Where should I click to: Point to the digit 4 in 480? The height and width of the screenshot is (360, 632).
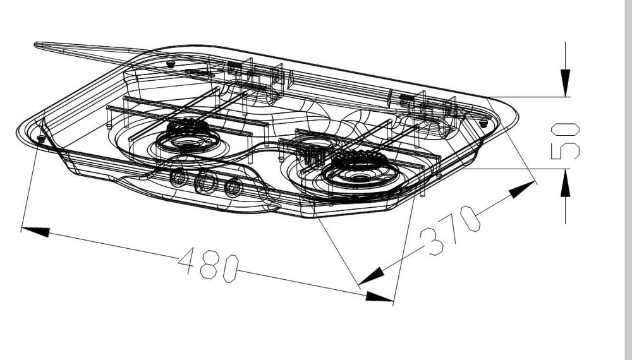click(x=186, y=259)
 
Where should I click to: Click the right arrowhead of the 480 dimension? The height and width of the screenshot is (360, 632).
click(x=379, y=296)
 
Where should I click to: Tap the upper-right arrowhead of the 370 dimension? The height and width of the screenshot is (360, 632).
click(x=523, y=189)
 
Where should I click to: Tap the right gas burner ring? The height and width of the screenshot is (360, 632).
click(x=360, y=167)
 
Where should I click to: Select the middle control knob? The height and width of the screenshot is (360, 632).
click(x=205, y=183)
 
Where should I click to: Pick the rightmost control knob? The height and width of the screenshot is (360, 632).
click(x=233, y=188)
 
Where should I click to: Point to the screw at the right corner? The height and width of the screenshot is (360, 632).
click(x=483, y=123)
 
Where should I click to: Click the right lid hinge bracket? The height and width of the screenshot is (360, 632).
click(x=408, y=100)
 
